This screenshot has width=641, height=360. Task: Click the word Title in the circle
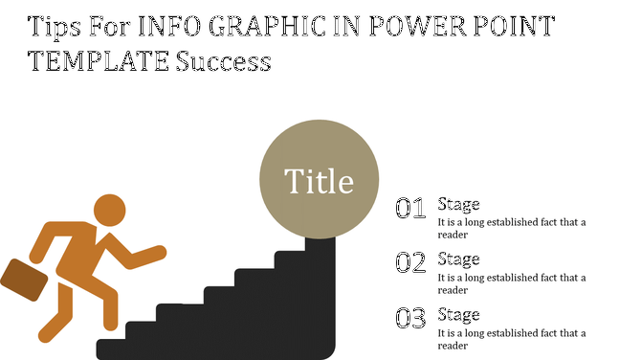319,181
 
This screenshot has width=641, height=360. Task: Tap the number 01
410,209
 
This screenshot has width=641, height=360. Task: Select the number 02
410,263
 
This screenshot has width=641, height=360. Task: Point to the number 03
410,318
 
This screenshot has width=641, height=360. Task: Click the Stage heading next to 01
458,204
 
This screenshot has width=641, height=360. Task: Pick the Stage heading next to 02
458,259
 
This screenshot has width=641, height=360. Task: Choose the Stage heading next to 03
458,313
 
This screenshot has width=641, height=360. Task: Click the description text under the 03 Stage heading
511,338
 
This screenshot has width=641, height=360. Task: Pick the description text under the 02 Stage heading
511,283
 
